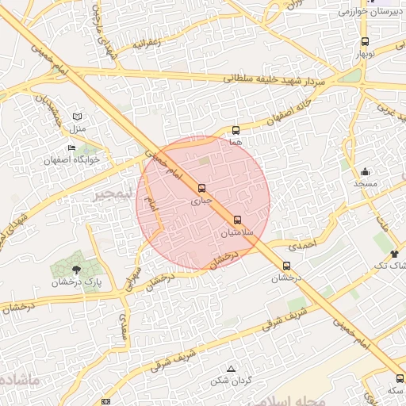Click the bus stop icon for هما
pos(236,130)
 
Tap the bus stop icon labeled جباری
pos(201,189)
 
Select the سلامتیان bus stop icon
pos(238,220)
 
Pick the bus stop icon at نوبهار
pos(365,41)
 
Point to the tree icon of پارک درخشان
pos(76,270)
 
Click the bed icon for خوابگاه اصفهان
pos(72,148)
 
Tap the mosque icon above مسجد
pos(365,172)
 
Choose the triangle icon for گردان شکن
pos(231,370)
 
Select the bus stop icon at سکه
pos(398,378)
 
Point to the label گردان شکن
pos(231,381)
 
